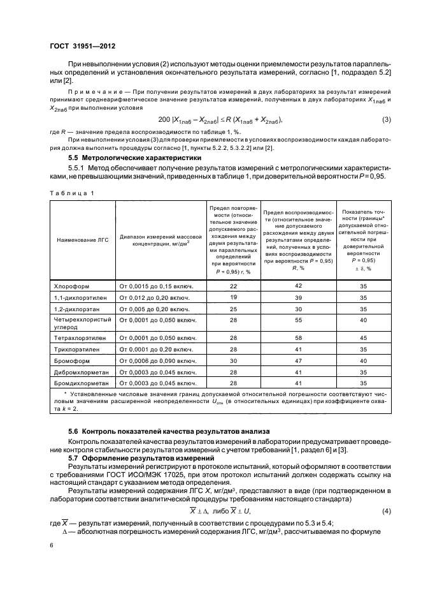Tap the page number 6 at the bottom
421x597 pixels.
point(51,546)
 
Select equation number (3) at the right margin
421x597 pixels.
point(386,120)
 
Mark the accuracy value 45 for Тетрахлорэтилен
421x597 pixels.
point(364,338)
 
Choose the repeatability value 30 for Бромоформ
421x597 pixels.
point(233,361)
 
